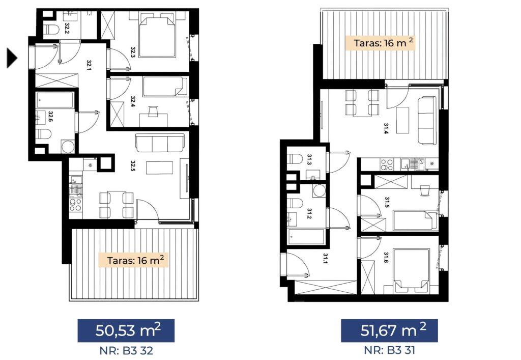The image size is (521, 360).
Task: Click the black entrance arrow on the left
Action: [12, 58]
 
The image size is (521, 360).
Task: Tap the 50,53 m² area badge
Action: [126, 330]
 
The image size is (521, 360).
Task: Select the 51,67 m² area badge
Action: [389, 330]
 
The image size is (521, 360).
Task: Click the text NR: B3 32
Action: [126, 350]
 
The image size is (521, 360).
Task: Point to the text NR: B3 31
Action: [389, 350]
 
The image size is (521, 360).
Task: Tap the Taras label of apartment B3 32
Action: [135, 260]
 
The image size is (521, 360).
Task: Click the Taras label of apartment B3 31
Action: [380, 43]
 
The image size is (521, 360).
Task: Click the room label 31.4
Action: [386, 128]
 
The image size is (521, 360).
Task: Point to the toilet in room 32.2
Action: [51, 30]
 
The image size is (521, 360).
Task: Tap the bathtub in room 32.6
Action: [55, 100]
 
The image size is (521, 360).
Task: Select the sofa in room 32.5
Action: [160, 143]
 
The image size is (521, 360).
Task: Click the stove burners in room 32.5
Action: [75, 204]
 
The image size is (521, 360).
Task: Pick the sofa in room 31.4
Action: [427, 121]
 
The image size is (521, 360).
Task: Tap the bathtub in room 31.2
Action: [306, 237]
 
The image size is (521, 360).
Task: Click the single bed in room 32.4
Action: [165, 87]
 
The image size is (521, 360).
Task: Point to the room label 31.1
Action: [325, 258]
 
